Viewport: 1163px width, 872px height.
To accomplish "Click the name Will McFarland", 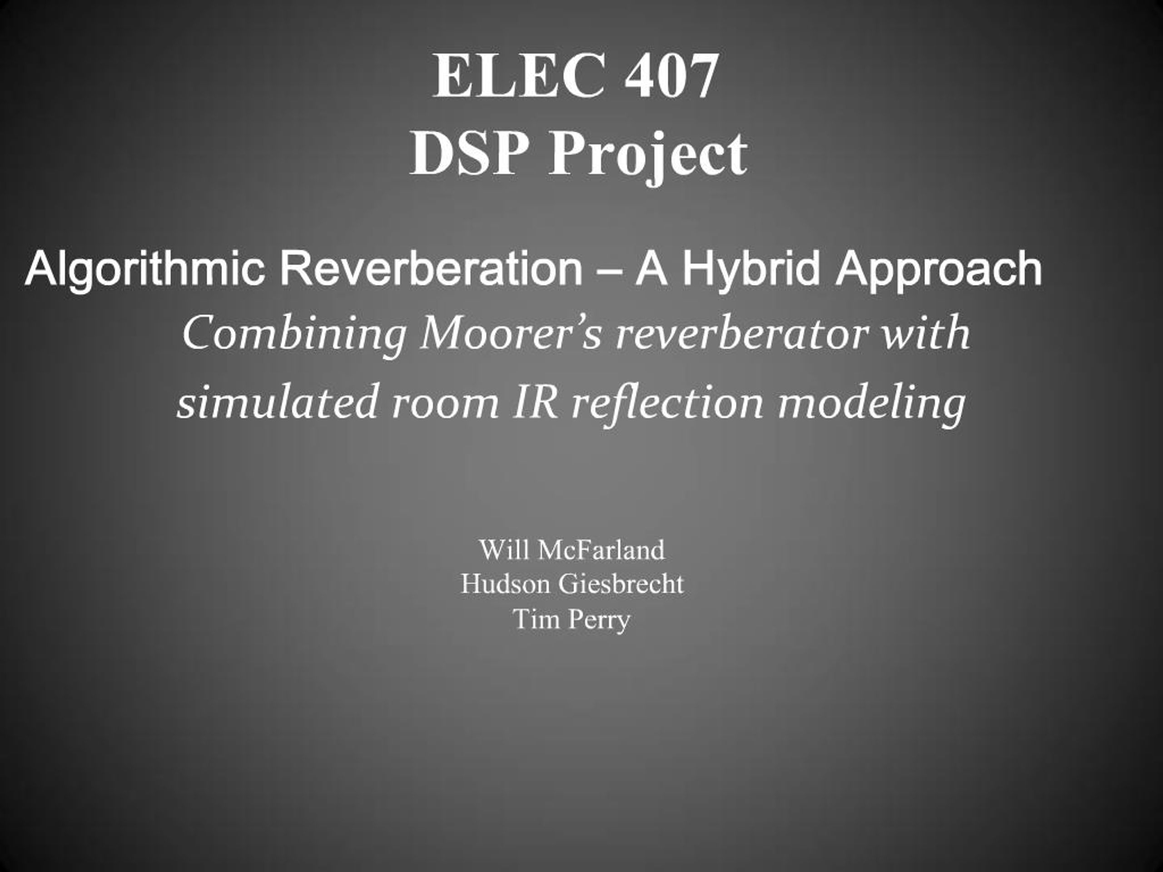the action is click(x=572, y=550).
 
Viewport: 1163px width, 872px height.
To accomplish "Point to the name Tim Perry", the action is click(x=572, y=619).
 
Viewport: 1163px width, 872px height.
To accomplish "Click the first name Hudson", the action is click(x=505, y=584).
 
